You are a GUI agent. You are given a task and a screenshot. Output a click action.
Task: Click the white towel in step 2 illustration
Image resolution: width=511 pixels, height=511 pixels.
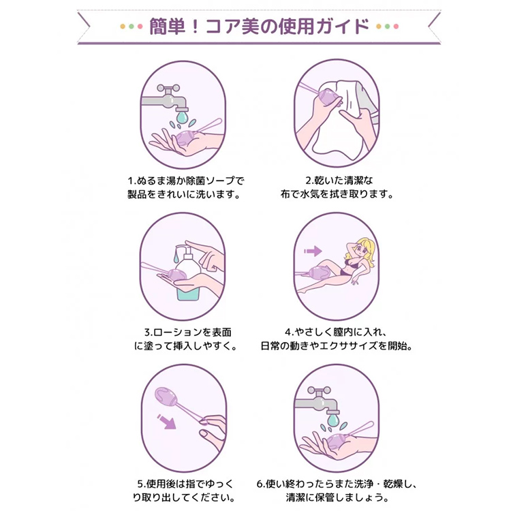pos(341,119)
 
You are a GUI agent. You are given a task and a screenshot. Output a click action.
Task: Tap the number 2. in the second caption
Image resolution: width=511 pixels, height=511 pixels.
pos(310,181)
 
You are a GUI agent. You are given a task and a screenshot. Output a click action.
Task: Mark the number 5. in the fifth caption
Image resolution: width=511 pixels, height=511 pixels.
pos(141,484)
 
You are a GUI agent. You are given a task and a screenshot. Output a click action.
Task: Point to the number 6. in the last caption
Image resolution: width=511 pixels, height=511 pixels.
pos(261,484)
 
